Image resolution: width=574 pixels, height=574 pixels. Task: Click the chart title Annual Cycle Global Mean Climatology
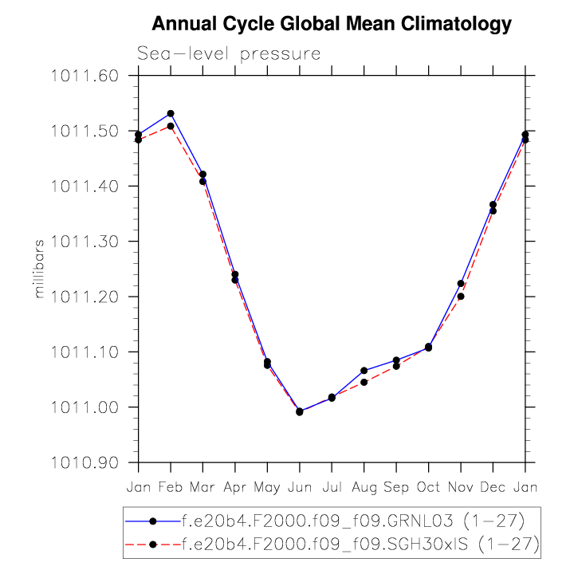point(331,25)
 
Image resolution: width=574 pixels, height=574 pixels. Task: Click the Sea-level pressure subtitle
point(229,54)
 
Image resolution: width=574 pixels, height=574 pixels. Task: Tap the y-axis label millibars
point(39,269)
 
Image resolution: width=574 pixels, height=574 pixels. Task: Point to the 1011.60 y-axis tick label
point(85,77)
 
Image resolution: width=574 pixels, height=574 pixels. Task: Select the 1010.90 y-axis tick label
point(85,462)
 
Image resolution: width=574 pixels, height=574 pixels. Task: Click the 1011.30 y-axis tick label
point(85,242)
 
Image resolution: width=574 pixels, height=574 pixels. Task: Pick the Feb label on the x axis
point(171,486)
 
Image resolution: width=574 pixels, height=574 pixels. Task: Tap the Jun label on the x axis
point(299,486)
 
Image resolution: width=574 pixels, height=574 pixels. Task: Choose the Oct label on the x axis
point(428,486)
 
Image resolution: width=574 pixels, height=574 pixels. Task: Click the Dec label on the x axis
point(493,486)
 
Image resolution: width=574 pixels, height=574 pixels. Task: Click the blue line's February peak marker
point(171,113)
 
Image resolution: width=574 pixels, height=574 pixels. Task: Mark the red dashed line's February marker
point(171,126)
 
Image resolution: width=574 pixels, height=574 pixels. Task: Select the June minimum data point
point(300,411)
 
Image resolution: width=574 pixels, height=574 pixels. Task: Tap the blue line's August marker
point(364,371)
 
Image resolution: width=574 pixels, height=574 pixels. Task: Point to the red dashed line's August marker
point(364,383)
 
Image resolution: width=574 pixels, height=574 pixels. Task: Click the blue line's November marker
point(461,283)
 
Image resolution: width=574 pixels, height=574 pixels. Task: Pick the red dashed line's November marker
point(461,297)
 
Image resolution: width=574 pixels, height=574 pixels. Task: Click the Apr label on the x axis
point(235,486)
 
